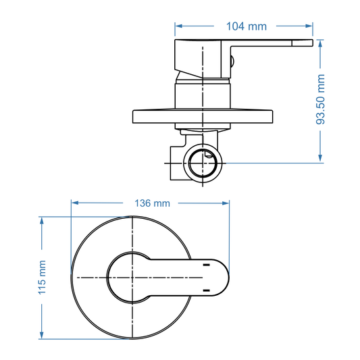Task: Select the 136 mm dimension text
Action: click(x=152, y=203)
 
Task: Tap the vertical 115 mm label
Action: click(x=41, y=278)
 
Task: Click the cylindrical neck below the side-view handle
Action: click(x=203, y=93)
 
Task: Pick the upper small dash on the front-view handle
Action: click(x=204, y=266)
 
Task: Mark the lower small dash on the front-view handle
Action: click(x=204, y=290)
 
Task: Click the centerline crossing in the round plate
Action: click(x=133, y=278)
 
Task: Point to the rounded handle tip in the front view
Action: click(x=223, y=278)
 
